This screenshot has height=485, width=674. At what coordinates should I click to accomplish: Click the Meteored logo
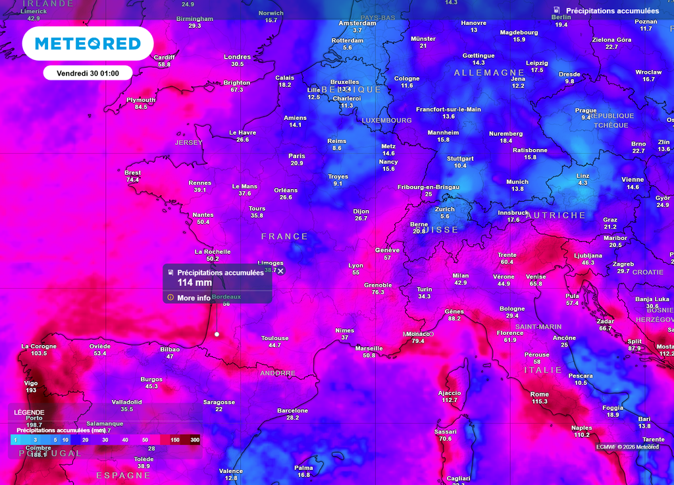coord(88,44)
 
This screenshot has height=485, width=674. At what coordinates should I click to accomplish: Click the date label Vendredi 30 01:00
coord(88,73)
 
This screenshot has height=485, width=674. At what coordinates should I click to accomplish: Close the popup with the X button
coord(280,271)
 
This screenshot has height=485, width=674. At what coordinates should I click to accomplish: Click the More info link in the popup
coord(194,298)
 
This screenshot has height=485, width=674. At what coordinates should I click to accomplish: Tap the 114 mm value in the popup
coord(195,283)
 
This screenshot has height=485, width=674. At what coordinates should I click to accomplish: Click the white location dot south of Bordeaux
coord(217,334)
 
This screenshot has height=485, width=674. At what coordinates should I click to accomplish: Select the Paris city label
coord(297,156)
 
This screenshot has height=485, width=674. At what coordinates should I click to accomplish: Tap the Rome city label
coord(539,394)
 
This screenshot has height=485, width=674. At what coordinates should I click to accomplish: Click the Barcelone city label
coord(293,411)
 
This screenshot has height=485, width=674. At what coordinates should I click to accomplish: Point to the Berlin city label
coord(561,17)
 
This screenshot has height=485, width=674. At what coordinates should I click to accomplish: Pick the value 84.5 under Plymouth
coord(141,107)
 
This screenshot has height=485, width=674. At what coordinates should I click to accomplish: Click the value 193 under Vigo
coord(31,391)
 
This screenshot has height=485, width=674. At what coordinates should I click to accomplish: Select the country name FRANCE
coord(284,237)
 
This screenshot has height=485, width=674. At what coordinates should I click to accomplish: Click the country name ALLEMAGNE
coord(489,72)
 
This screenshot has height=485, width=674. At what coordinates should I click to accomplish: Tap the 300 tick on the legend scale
coord(195,440)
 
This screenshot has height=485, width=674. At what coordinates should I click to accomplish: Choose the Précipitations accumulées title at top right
coord(612,11)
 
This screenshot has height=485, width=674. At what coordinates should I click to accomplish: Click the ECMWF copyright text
coord(627,447)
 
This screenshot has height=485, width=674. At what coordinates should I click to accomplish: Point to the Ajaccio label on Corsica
coord(450,393)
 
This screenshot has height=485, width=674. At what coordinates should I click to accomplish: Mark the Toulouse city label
coord(274,338)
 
